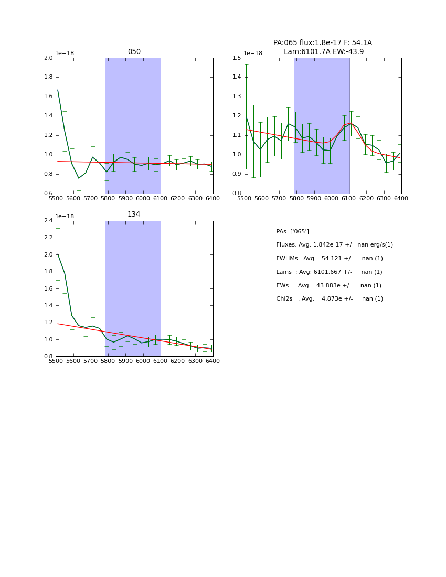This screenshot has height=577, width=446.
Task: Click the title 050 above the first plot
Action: click(134, 52)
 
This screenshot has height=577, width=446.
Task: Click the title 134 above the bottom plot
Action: click(134, 215)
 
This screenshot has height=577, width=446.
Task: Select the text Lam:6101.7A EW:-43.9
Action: click(323, 51)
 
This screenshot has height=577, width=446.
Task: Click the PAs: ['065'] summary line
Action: click(292, 231)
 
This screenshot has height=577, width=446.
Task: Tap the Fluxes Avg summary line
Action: click(334, 245)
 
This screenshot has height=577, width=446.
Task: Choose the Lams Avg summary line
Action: click(329, 272)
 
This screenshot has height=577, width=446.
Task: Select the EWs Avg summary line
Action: click(328, 285)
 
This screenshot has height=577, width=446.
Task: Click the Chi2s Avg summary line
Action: click(329, 299)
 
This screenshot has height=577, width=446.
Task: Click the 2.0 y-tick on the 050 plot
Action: click(48, 58)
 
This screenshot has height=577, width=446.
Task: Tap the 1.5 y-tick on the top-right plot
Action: click(237, 58)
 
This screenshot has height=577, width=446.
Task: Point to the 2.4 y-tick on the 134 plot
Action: click(48, 221)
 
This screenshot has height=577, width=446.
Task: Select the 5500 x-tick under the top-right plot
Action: click(245, 198)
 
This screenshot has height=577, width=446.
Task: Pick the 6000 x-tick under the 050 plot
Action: click(143, 198)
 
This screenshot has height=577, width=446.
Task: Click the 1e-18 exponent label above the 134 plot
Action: click(65, 216)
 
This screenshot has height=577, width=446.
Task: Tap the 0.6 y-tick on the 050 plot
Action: click(48, 194)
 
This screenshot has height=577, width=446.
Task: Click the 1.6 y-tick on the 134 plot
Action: click(48, 288)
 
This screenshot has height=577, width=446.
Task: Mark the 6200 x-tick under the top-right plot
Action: click(366, 198)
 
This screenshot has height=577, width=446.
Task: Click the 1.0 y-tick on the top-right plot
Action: click(237, 155)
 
